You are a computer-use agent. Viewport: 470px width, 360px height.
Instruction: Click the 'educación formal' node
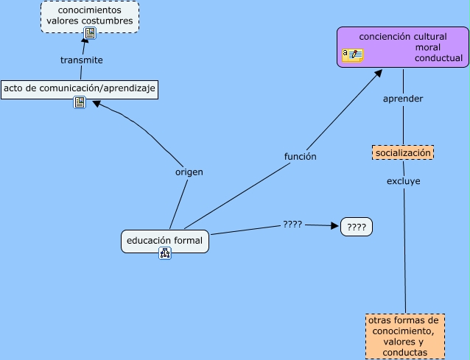[x=164, y=241]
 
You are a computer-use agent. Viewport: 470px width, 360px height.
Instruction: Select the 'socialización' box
[x=402, y=152]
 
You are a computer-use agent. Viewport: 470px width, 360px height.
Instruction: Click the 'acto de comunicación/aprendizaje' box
[x=80, y=88]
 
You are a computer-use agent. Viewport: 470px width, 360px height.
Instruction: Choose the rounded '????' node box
[x=357, y=227]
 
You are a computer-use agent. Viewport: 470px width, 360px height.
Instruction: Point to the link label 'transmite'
[x=81, y=60]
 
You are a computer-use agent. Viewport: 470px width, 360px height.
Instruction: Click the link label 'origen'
[x=189, y=172]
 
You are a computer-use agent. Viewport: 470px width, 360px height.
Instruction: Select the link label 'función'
[x=301, y=156]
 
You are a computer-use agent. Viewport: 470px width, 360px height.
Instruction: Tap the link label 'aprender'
[x=403, y=99]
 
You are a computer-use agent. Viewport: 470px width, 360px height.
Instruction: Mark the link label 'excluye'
[x=404, y=180]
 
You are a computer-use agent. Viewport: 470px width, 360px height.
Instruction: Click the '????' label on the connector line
[x=292, y=223]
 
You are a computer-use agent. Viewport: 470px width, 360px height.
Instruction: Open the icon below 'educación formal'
[x=165, y=253]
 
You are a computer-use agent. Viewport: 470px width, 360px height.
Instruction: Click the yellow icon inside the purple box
[x=353, y=55]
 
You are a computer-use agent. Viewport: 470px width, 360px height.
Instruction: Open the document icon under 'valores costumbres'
[x=90, y=33]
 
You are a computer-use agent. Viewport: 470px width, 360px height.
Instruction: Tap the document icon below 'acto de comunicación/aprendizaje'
[x=80, y=102]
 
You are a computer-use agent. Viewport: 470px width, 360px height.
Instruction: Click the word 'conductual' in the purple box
[x=438, y=57]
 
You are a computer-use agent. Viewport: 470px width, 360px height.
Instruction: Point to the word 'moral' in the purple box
[x=428, y=47]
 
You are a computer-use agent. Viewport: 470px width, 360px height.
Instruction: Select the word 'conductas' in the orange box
[x=405, y=353]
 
